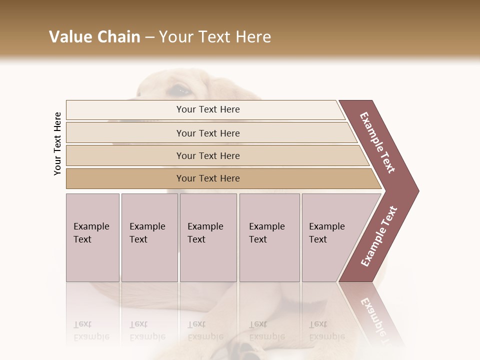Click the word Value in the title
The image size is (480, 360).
70,37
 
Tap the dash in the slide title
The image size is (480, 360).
149,37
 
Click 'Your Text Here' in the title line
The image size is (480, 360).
215,37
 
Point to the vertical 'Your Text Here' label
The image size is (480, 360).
57,144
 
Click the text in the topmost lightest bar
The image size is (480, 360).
208,109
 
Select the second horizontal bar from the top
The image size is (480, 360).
208,133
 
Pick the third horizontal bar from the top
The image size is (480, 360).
208,155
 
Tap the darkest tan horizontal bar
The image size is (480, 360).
208,178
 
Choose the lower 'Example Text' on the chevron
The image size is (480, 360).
378,236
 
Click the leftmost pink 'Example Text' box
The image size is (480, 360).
92,237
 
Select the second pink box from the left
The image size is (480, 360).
149,237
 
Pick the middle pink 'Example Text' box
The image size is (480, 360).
208,237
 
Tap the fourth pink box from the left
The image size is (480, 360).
269,237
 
